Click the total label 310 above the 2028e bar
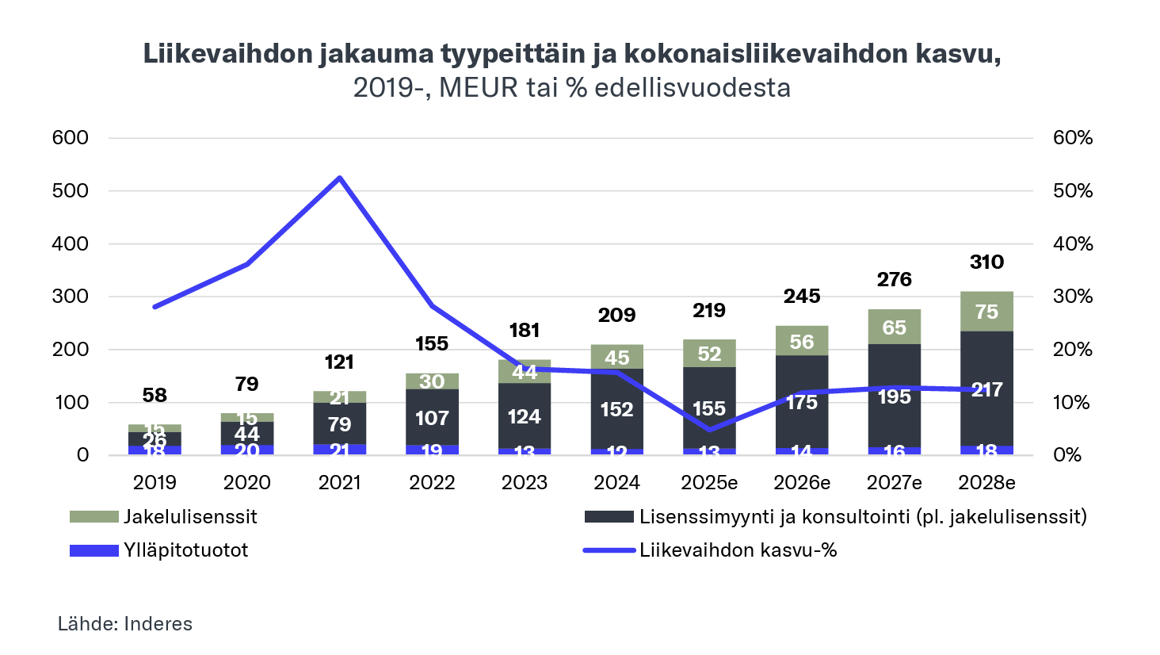coord(986,262)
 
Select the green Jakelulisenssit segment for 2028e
coord(986,312)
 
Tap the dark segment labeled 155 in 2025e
coord(709,408)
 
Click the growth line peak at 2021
coord(339,178)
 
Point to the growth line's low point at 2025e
coord(709,430)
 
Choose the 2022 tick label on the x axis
coord(432,482)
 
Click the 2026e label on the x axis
coord(802,482)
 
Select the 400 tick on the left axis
coord(71,243)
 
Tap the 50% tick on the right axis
coord(1073,191)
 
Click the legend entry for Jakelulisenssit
coord(190,517)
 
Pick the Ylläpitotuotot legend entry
coord(185,550)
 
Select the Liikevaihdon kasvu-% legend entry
coord(738,550)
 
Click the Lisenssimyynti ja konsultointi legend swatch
coord(609,517)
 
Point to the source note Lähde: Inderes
coord(125,624)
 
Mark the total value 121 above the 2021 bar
coord(339,362)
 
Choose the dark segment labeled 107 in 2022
coord(432,418)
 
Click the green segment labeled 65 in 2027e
coord(895,327)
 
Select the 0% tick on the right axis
coord(1067,455)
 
